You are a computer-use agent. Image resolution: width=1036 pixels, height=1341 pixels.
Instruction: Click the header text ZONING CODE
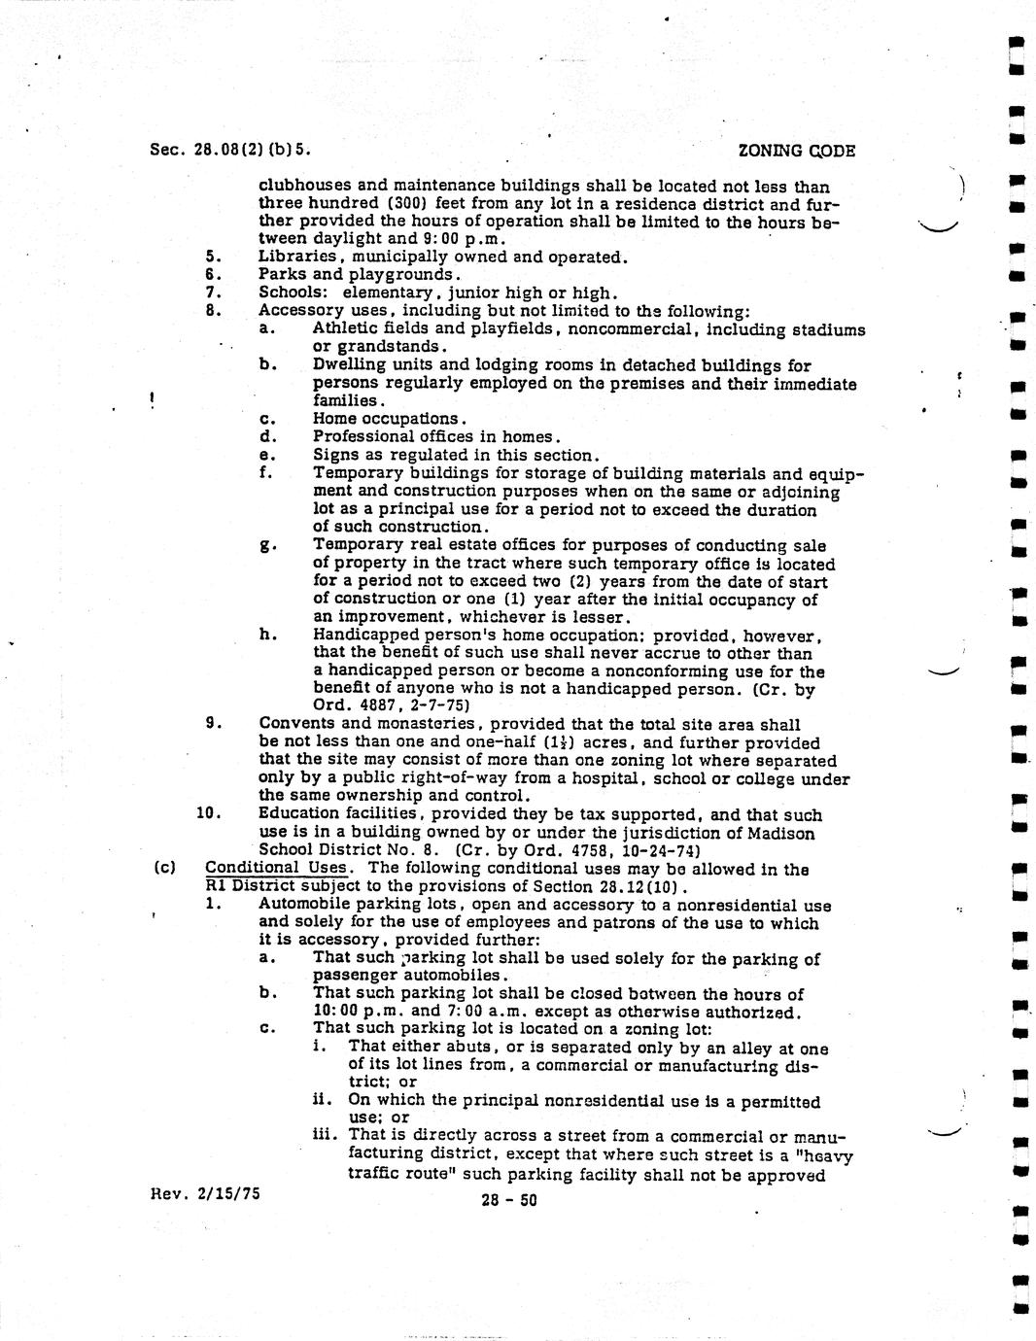coord(796,151)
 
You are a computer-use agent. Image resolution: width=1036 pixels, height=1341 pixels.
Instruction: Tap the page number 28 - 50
coord(508,1200)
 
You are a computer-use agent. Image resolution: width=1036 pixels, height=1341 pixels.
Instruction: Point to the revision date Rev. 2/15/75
coord(205,1192)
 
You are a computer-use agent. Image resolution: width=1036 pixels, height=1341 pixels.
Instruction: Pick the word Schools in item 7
coord(290,293)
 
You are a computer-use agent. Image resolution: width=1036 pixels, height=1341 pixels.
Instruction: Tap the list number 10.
coord(209,813)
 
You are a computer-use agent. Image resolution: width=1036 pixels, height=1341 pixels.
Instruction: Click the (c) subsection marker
coord(164,868)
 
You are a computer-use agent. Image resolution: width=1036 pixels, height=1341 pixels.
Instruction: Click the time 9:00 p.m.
coord(440,239)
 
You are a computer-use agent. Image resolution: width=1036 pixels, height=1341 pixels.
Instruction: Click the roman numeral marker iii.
coord(325,1135)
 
